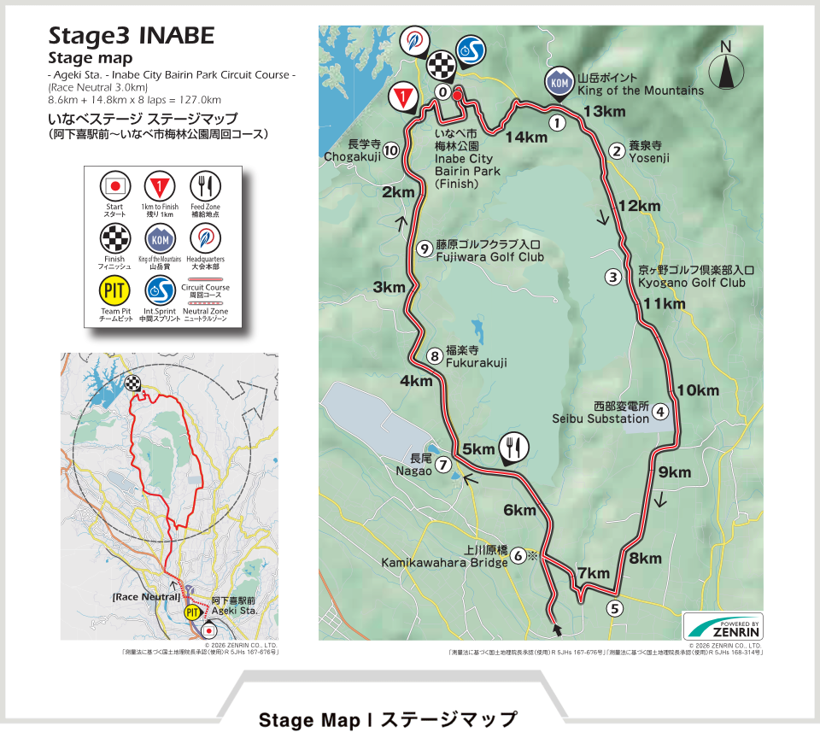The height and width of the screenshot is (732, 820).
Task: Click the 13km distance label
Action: coord(605,111)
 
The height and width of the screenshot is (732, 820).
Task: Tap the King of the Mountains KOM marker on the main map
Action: coord(559,82)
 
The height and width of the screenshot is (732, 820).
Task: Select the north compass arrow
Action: coord(726,66)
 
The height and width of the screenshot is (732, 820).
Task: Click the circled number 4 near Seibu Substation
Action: coord(659,411)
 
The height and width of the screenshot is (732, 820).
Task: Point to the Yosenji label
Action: coord(649,158)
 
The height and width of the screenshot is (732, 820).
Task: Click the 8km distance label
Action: coord(645,559)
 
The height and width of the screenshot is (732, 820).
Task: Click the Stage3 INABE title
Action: coord(131,37)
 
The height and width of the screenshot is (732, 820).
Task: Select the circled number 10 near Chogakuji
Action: coord(391,150)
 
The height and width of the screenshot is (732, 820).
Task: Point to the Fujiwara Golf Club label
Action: coord(489,256)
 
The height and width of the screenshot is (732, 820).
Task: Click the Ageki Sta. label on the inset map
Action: coord(234,612)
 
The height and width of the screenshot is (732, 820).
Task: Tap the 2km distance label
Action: coord(398,192)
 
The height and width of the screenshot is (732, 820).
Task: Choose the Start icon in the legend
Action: coord(114,184)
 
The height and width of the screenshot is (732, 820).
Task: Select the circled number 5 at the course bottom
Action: coord(614,608)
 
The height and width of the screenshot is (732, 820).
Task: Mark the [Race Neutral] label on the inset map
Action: coord(144,596)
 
